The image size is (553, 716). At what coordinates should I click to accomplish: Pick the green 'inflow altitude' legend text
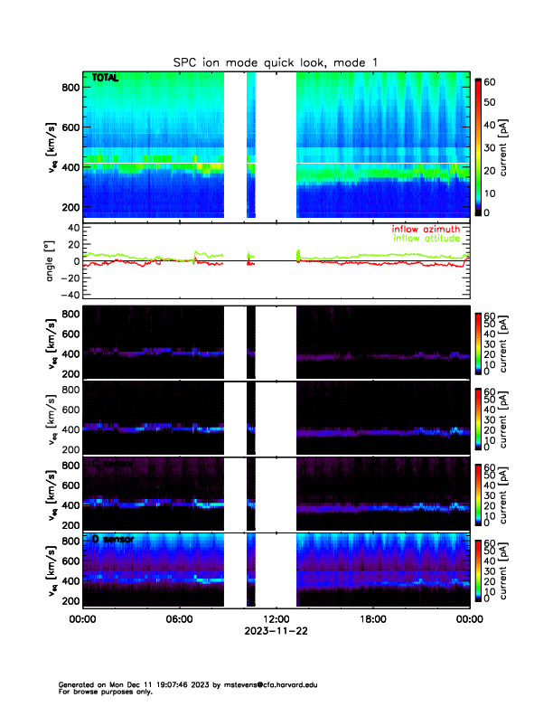point(424,239)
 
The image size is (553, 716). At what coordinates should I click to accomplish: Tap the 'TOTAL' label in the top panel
point(106,80)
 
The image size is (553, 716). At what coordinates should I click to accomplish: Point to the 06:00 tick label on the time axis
point(179,619)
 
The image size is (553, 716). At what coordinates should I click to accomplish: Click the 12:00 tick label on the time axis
point(276,619)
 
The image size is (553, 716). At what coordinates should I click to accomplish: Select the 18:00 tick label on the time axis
point(372,619)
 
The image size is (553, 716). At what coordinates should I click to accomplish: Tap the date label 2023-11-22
point(276,631)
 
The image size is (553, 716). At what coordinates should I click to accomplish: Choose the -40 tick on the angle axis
point(66,295)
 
